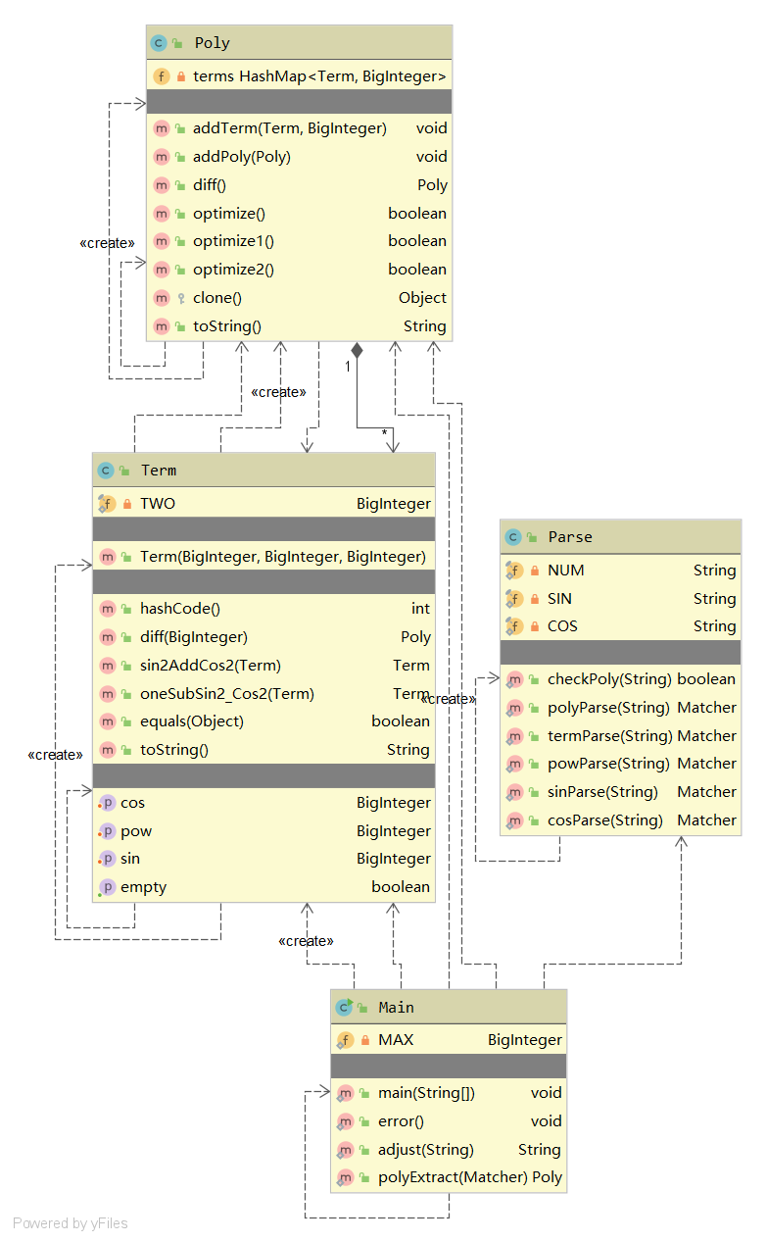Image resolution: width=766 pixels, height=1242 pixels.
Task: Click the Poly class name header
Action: pos(213,43)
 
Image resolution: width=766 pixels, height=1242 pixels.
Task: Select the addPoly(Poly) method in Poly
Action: pos(242,157)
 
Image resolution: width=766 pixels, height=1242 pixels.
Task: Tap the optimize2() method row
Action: pos(233,270)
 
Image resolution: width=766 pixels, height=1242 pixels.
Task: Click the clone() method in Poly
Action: pos(217,298)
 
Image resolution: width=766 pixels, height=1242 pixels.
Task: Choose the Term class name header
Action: pos(159,471)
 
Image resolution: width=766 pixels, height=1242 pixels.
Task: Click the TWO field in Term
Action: pos(158,504)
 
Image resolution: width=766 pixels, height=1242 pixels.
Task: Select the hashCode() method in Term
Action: pos(180,609)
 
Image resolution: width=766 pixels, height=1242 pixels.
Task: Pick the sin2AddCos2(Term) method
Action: pos(211,666)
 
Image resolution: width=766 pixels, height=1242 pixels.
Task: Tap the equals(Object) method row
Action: pos(192,721)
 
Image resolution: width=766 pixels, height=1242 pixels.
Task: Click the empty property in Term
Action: pos(143,887)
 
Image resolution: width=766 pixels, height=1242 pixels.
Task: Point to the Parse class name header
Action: pos(570,537)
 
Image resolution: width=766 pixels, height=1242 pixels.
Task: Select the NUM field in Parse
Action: pos(566,571)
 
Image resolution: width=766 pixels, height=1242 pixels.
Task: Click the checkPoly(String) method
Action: pos(609,679)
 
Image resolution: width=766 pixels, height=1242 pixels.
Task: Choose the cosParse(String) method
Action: pos(605,820)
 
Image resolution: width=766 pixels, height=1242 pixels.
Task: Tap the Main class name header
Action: pos(397,1008)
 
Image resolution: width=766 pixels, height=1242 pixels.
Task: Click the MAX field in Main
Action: pos(396,1040)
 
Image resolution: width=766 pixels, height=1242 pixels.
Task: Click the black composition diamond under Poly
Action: pos(358,349)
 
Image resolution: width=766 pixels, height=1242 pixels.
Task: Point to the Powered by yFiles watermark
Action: pos(71,1223)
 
